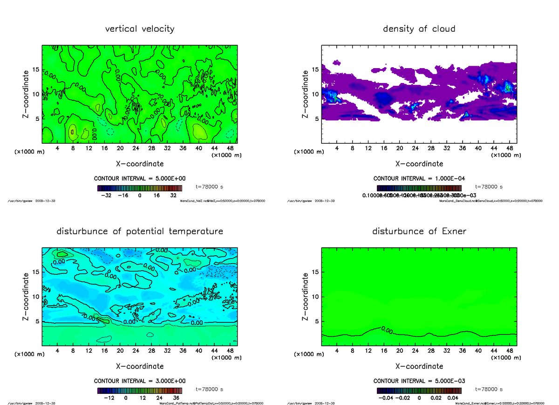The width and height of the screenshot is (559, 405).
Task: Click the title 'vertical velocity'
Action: [x=140, y=29]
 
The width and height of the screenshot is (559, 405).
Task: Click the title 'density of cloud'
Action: [x=419, y=29]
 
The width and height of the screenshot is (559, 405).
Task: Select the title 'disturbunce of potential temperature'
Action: [x=140, y=231]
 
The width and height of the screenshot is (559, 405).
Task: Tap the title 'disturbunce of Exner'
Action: [x=419, y=231]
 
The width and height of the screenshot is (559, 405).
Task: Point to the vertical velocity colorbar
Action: [x=139, y=188]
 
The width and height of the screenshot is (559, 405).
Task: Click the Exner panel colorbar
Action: [x=419, y=391]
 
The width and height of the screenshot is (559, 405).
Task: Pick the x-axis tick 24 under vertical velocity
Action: [x=136, y=149]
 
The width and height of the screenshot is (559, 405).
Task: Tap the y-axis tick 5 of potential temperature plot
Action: [x=35, y=321]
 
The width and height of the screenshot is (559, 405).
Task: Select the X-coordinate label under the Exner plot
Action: [x=419, y=366]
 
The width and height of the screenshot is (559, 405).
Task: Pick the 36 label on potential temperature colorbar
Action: [x=176, y=398]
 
